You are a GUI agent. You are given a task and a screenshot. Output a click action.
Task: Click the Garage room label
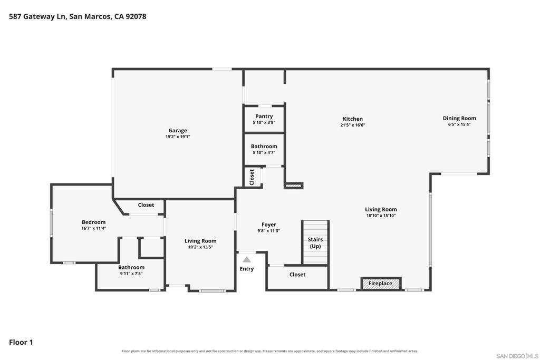(178, 130)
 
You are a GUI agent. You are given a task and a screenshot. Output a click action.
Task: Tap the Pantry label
(264, 116)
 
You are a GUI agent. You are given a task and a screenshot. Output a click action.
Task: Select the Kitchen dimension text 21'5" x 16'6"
(353, 125)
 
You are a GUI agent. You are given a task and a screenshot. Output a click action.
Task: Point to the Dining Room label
(459, 118)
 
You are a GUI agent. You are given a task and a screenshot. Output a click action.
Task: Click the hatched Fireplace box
(381, 283)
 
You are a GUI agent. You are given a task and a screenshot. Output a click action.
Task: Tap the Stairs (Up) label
(315, 242)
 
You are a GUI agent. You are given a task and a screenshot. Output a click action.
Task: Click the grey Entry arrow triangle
(247, 259)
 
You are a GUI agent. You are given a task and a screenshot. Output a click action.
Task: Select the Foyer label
(268, 225)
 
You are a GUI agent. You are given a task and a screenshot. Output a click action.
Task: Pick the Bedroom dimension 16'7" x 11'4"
(94, 228)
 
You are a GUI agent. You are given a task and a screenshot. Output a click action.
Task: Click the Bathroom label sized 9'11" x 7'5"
(131, 267)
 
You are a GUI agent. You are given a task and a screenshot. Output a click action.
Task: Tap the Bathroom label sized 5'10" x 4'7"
(264, 147)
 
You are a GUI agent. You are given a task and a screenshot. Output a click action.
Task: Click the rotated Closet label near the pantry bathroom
(252, 177)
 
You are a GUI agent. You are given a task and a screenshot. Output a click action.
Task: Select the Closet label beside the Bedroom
(146, 205)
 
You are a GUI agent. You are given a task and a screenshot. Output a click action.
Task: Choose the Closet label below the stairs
(297, 274)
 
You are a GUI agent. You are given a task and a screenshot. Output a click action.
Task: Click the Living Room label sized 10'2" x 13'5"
(200, 241)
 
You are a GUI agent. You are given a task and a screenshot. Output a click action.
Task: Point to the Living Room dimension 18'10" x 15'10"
(381, 216)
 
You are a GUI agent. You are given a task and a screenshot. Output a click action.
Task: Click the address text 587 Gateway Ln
(37, 16)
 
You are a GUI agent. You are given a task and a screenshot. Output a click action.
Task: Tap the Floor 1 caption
(21, 342)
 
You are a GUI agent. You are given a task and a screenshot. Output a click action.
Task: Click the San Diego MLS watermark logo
(517, 356)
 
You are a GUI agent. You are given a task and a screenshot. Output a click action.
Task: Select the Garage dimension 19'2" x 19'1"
(178, 137)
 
